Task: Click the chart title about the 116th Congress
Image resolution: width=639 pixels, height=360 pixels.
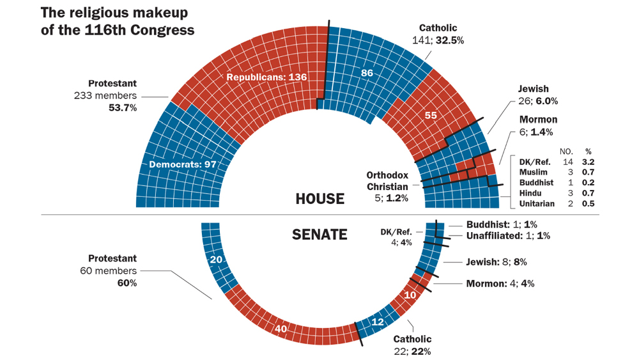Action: coord(118,21)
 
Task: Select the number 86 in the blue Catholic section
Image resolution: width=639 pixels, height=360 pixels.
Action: coord(367,74)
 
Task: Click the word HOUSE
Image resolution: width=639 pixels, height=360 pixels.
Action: coord(319,199)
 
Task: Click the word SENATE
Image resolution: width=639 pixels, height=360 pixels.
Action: coord(319,235)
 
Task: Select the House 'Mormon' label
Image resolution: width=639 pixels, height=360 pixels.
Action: coord(537,120)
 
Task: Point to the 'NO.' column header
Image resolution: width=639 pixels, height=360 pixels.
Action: coord(565,152)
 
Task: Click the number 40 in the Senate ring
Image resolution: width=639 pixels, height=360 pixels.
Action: coord(280,329)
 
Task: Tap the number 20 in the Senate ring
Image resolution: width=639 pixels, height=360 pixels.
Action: coord(216,260)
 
